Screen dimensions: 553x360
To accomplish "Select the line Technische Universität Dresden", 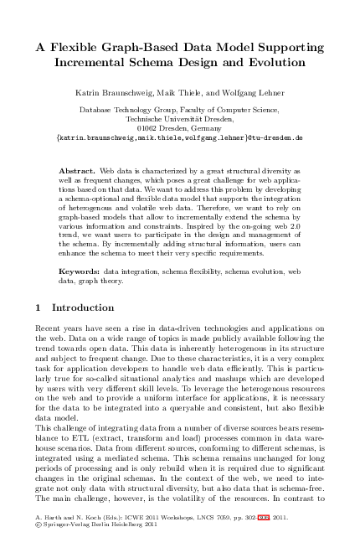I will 178,118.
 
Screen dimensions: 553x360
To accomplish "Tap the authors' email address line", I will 178,136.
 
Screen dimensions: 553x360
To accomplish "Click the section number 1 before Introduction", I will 41,308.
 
